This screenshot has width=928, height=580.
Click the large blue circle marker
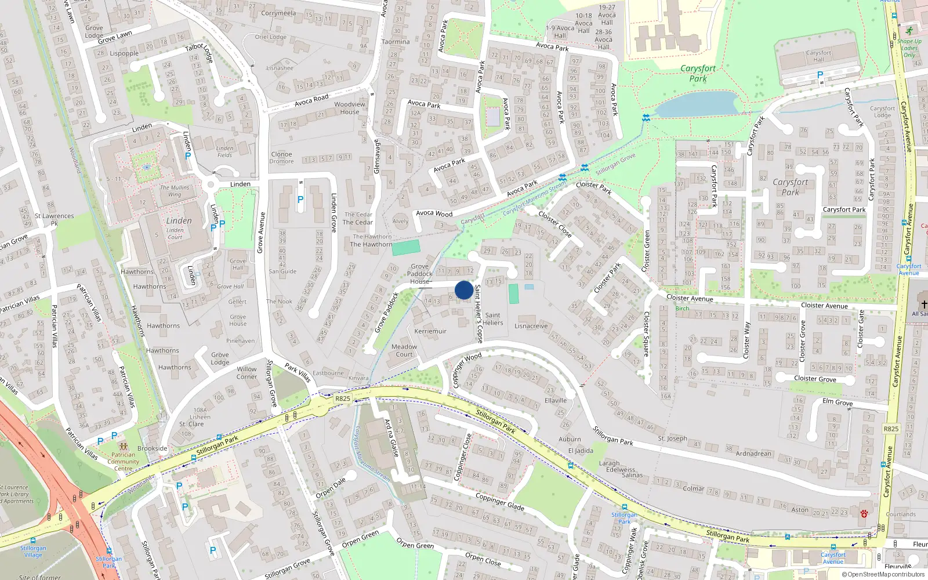(463, 290)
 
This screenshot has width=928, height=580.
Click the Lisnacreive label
(531, 326)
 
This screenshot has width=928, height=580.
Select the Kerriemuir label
(430, 331)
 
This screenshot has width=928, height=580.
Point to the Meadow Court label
(404, 350)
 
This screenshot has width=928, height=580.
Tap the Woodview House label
(350, 108)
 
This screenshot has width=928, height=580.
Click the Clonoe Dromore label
(282, 158)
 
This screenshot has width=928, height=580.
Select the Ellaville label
(556, 401)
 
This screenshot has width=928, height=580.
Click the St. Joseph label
(672, 438)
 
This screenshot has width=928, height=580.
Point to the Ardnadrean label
(753, 454)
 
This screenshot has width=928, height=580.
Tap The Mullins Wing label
(175, 191)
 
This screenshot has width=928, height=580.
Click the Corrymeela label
(278, 13)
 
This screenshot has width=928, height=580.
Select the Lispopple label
(124, 53)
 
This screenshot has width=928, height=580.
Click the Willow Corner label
(246, 372)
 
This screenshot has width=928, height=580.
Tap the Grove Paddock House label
(420, 274)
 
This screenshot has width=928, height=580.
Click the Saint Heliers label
(493, 319)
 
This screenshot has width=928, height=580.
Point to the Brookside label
(153, 448)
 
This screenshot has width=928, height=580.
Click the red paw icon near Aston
(864, 513)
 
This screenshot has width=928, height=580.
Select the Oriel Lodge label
(271, 37)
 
